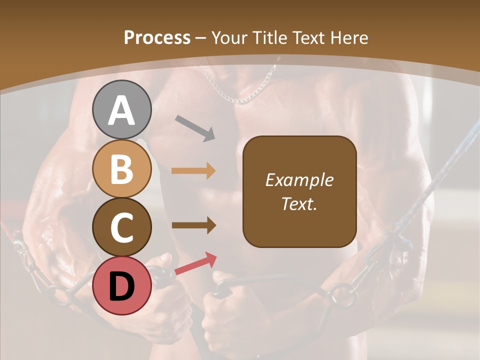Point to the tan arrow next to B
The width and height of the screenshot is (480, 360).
click(193, 171)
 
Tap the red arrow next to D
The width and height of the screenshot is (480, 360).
click(195, 263)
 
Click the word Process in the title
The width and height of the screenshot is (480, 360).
click(157, 37)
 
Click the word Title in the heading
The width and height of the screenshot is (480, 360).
click(268, 37)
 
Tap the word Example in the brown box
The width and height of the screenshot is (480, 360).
click(299, 180)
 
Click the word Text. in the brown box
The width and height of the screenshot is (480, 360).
click(299, 203)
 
